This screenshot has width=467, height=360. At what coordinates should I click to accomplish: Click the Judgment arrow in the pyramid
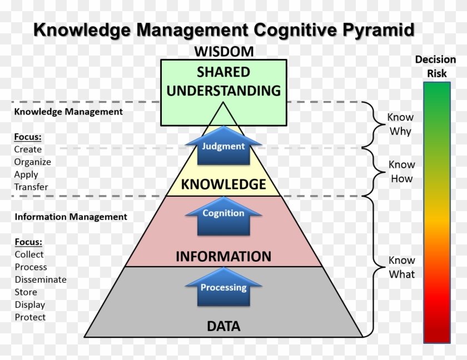[x=223, y=147]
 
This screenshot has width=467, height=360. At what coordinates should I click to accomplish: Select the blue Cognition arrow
[x=223, y=214]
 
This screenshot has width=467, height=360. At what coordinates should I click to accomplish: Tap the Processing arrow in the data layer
[x=223, y=288]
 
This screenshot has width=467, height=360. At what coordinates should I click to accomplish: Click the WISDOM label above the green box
[x=223, y=52]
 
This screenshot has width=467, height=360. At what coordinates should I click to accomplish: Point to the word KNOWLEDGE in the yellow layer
[x=223, y=184]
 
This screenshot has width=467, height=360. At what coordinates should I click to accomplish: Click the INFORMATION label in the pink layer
[x=223, y=257]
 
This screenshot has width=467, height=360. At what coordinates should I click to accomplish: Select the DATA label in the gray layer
[x=223, y=326]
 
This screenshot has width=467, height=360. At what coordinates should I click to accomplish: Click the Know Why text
[x=400, y=124]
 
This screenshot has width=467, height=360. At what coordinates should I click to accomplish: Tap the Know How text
[x=401, y=172]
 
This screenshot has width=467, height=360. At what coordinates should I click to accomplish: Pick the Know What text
[x=401, y=267]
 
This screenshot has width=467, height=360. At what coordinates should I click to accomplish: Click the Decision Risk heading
[x=436, y=66]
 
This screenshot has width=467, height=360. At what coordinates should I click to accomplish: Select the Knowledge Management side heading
[x=68, y=112]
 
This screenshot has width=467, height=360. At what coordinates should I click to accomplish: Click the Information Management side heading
[x=71, y=217]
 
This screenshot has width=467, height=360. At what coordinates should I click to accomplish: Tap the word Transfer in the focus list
[x=31, y=187]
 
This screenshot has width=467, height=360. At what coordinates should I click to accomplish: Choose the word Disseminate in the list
[x=41, y=279]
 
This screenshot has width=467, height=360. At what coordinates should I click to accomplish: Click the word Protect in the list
[x=30, y=317]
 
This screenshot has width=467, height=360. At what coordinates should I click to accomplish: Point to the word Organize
[x=33, y=162]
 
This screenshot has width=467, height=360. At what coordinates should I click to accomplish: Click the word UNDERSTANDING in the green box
[x=223, y=91]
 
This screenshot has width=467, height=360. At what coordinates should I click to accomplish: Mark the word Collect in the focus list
[x=29, y=254]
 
